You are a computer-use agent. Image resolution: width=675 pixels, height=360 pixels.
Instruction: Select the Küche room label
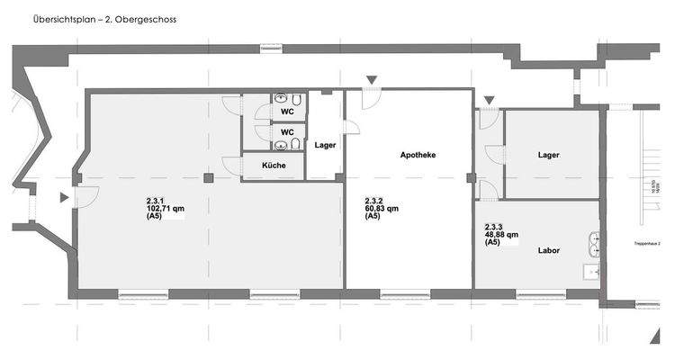(x=274, y=166)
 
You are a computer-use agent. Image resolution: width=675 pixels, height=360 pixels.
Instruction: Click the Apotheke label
(x=418, y=156)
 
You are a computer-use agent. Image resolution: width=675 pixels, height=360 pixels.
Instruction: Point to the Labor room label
(x=549, y=250)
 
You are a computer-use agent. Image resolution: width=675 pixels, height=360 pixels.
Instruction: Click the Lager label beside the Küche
(x=325, y=145)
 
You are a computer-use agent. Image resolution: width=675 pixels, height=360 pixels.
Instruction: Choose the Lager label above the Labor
(x=548, y=155)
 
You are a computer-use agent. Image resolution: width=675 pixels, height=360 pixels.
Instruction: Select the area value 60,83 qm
(x=382, y=208)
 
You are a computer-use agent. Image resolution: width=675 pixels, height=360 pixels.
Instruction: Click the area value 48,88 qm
(x=501, y=235)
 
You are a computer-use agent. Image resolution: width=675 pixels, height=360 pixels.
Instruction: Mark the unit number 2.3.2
(x=374, y=200)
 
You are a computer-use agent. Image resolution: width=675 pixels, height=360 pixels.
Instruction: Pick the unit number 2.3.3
(x=494, y=227)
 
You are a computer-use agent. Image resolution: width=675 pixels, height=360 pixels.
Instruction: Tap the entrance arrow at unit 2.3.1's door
(x=63, y=197)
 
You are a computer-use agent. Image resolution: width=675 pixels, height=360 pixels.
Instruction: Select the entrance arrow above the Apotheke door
(x=371, y=81)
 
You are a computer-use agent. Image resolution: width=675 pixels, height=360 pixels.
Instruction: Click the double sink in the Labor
(x=593, y=241)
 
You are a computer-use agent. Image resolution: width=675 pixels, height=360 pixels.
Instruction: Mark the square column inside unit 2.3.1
(x=209, y=178)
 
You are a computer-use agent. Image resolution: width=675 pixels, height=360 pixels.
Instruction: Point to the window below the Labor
(x=540, y=293)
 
